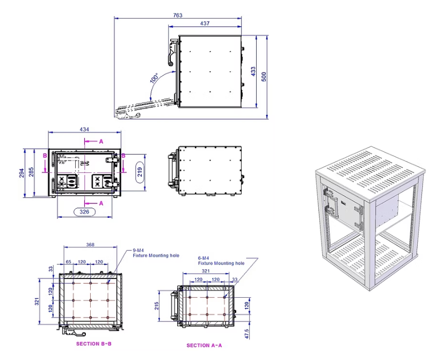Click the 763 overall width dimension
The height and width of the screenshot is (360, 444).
(178, 15)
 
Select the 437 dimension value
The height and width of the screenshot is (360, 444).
(205, 24)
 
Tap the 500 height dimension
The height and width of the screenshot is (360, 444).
(263, 76)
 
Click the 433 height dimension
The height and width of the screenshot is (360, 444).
(252, 71)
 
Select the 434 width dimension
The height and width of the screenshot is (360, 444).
(85, 129)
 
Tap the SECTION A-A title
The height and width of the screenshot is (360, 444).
(204, 346)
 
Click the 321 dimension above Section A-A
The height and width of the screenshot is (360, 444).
(206, 271)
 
